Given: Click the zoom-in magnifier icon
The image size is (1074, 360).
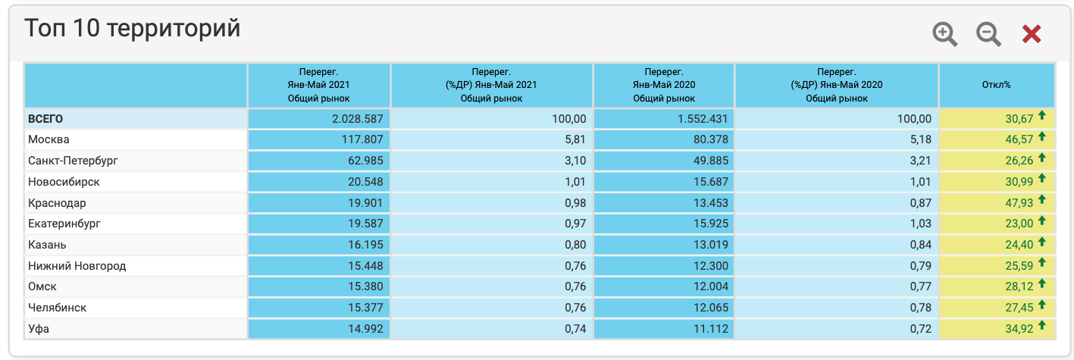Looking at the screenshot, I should (944, 34).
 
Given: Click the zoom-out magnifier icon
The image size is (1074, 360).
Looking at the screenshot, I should (988, 34).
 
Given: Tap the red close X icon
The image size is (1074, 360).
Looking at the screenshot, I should (1032, 34).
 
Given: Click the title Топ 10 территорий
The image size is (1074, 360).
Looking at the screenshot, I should (133, 29).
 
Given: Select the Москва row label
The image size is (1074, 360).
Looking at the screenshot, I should (49, 139).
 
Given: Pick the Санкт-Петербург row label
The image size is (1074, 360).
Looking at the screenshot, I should (73, 161).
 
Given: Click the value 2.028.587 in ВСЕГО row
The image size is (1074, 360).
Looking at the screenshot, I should (358, 119).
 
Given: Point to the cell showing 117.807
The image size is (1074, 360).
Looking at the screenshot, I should (361, 139).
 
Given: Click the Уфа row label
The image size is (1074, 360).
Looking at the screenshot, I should (39, 329).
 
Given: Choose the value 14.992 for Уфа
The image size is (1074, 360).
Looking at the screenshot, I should (361, 329).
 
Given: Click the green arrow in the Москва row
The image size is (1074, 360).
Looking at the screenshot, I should (1042, 137).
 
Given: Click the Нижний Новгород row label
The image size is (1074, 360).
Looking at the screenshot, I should (77, 266).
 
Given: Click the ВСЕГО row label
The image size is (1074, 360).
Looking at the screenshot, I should (45, 119).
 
